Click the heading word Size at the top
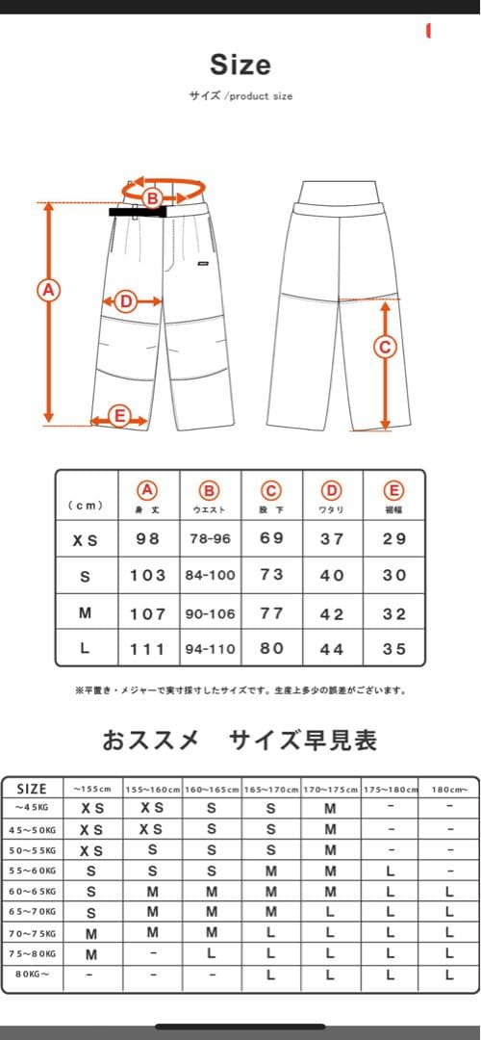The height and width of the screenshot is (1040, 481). coord(240,65)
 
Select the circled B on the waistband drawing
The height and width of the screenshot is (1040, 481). coord(151,198)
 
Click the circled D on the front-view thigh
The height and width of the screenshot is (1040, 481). coord(125,301)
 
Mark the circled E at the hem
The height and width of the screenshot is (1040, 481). coord(119,416)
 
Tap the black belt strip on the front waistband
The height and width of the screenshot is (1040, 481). coord(139,211)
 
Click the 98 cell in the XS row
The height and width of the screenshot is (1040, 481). coord(148,539)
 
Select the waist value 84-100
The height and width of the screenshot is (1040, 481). coord(210,575)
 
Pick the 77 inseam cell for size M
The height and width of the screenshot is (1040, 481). coord(272,613)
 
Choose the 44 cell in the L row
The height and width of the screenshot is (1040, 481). coord(332,649)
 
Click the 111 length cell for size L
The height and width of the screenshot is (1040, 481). coord(148,649)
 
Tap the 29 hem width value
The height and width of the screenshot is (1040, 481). coord(394,539)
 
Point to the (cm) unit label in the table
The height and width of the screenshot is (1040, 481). coord(87,505)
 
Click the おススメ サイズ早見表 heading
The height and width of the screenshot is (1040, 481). coord(240,740)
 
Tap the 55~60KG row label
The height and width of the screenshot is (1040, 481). coord(33,871)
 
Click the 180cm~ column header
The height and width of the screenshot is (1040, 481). coord(449,790)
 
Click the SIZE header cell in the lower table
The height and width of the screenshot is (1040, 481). coord(32,789)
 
